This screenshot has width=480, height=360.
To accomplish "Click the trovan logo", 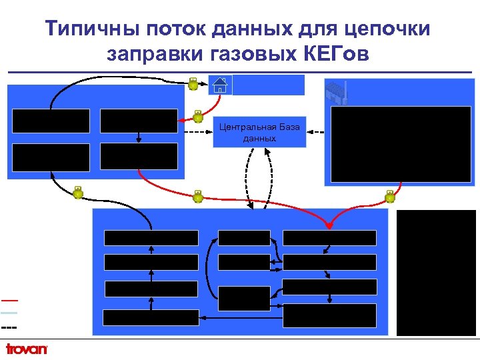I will pyautogui.click(x=27, y=349).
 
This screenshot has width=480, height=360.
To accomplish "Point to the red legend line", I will pyautogui.click(x=9, y=300).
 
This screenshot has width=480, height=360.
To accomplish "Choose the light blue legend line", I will pyautogui.click(x=9, y=312).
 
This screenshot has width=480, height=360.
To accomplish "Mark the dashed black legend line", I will pyautogui.click(x=9, y=327).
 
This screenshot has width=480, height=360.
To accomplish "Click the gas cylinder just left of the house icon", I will pyautogui.click(x=193, y=83).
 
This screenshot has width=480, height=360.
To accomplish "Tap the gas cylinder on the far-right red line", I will pyautogui.click(x=390, y=196).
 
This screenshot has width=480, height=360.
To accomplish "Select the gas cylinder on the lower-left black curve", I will pyautogui.click(x=78, y=193).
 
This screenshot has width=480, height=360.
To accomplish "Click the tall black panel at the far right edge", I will pyautogui.click(x=436, y=272).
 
